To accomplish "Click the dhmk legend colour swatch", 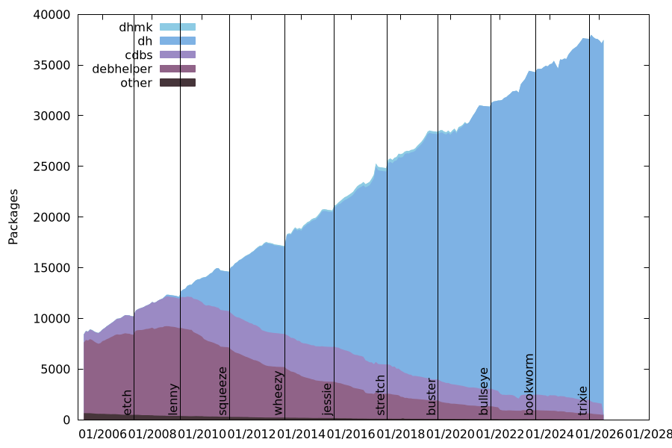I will pyautogui.click(x=178, y=27).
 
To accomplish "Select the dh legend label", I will pyautogui.click(x=145, y=41).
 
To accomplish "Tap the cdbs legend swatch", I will pyautogui.click(x=178, y=55).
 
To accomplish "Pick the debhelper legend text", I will pyautogui.click(x=122, y=69).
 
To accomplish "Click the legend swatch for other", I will pyautogui.click(x=178, y=83).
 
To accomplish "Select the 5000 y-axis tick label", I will pyautogui.click(x=57, y=369).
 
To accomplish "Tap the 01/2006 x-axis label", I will pyautogui.click(x=103, y=433).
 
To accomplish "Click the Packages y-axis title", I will pyautogui.click(x=13, y=217).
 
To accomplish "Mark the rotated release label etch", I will pyautogui.click(x=128, y=402).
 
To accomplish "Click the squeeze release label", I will pyautogui.click(x=223, y=391).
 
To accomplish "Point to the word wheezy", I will pyautogui.click(x=279, y=393).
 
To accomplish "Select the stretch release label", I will pyautogui.click(x=381, y=395).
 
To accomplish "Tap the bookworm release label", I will pyautogui.click(x=529, y=384).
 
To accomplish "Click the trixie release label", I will pyautogui.click(x=583, y=400).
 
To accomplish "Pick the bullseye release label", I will pyautogui.click(x=484, y=391).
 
